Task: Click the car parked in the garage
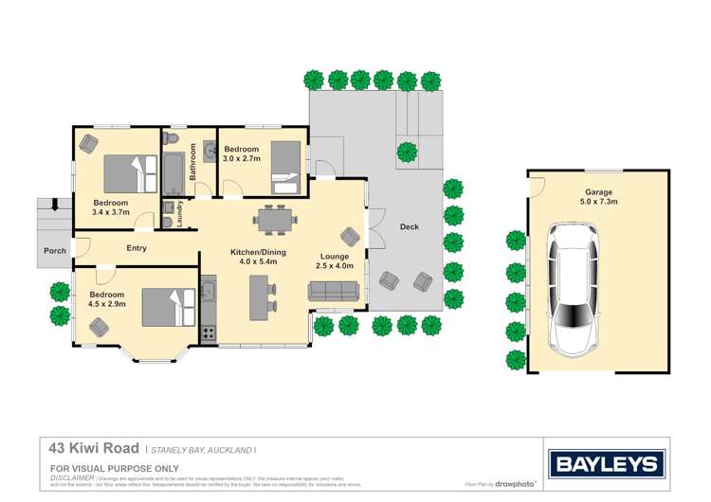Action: [x=574, y=288]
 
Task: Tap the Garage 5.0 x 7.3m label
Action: [x=598, y=197]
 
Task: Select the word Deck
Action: [x=409, y=227]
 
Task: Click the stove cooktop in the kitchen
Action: [x=209, y=332]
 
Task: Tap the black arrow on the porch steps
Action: [x=54, y=204]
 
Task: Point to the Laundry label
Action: [x=179, y=215]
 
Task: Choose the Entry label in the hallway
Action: [x=137, y=248]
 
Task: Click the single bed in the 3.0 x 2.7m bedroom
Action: [x=283, y=159]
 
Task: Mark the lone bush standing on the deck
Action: [x=407, y=151]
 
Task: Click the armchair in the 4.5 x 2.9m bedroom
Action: [x=99, y=326]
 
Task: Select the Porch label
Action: [x=54, y=251]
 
